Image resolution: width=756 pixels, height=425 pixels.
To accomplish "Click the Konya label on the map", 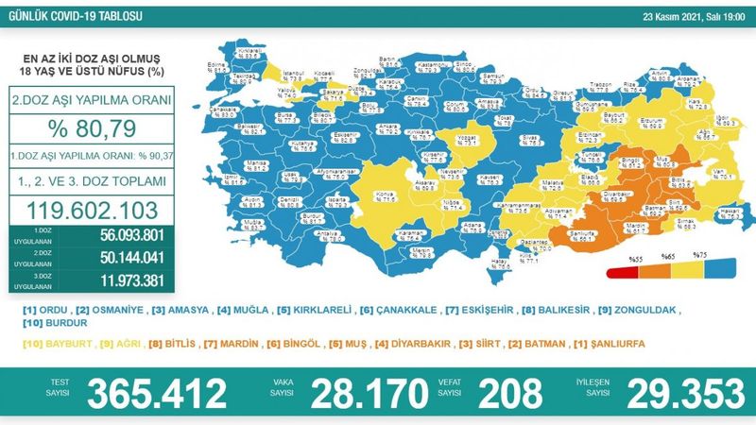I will coord(358,195).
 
